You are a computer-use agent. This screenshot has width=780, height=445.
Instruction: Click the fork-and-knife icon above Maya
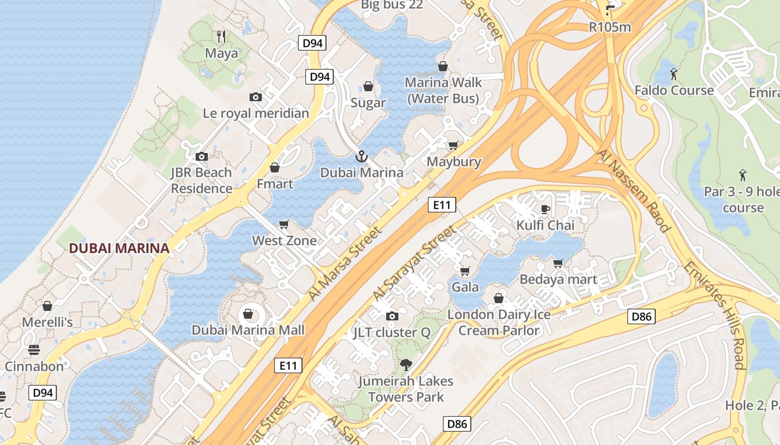(221, 37)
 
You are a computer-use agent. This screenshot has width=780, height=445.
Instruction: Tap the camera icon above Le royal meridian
(256, 97)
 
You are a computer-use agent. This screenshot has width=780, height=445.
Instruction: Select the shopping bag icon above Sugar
(368, 86)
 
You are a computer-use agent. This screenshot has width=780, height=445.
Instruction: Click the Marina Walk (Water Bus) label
(443, 91)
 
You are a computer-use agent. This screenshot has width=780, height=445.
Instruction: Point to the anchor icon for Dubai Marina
(362, 156)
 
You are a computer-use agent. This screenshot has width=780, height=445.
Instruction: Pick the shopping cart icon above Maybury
(454, 145)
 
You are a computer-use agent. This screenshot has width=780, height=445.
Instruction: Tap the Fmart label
(275, 184)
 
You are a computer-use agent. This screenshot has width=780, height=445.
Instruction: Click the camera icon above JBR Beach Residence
(202, 156)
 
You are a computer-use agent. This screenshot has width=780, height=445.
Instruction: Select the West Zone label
(284, 241)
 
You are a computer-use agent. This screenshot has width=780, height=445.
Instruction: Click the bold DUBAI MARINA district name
(119, 248)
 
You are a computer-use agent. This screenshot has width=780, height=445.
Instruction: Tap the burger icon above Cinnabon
(35, 350)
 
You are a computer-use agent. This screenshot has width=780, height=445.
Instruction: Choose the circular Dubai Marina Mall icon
(248, 314)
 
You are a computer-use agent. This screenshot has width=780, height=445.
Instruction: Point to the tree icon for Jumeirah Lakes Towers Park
(406, 365)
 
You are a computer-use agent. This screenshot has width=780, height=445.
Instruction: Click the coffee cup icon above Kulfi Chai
(545, 209)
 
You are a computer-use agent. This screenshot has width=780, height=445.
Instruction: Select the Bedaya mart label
(558, 279)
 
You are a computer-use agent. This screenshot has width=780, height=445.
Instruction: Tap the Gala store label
(465, 287)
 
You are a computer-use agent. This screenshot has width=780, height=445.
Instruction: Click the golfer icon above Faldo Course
(674, 73)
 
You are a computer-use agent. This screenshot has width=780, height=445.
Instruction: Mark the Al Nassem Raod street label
(633, 190)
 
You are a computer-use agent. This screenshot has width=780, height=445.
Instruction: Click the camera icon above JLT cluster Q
(392, 317)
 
